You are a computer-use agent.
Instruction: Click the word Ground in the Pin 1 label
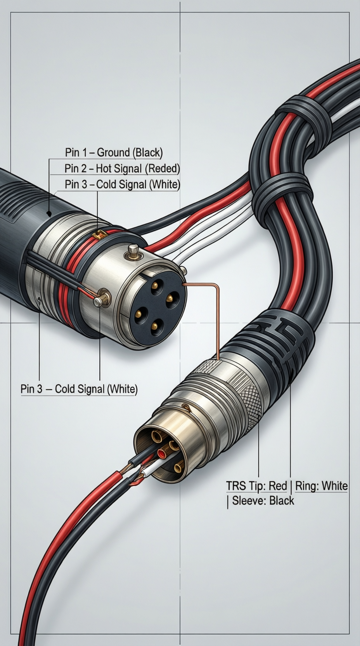[114, 152]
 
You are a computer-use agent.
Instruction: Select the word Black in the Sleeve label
[282, 500]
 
